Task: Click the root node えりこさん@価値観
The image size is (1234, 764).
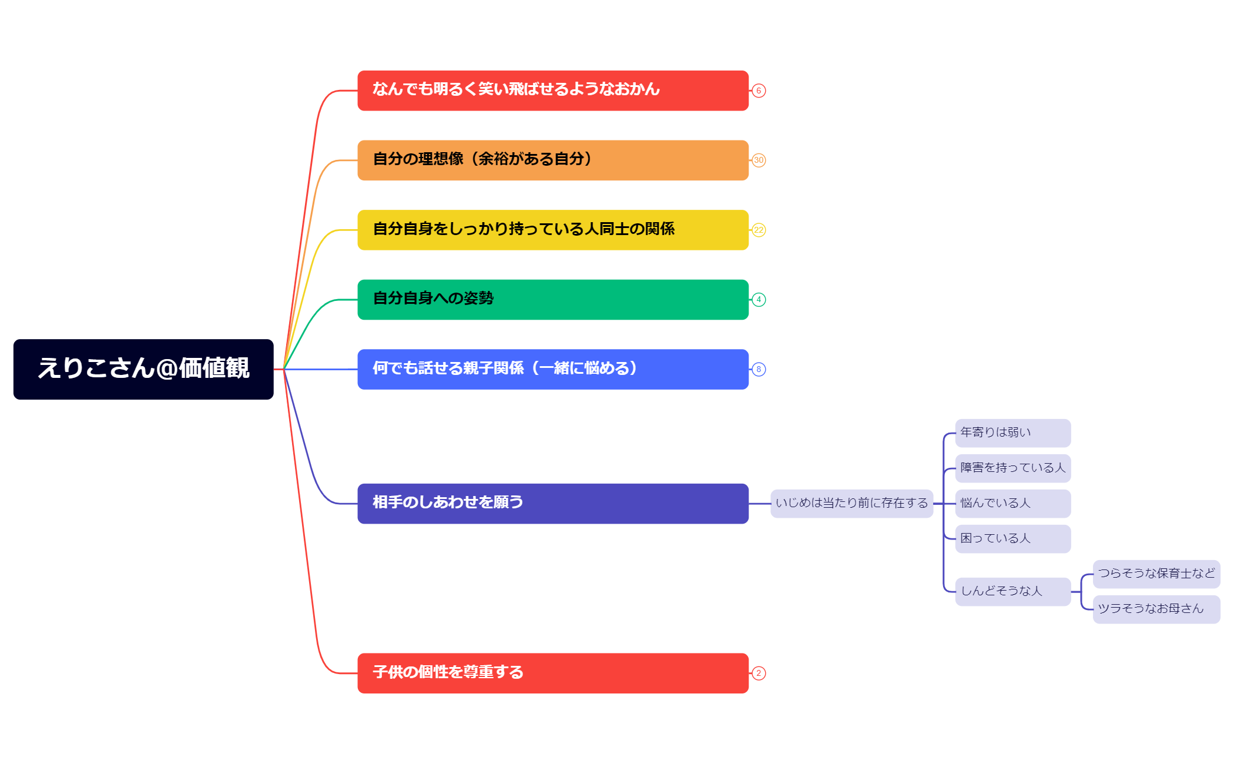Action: pos(143,369)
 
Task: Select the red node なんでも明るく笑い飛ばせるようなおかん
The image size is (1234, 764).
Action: pos(552,91)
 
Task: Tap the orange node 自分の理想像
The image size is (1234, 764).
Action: pos(552,160)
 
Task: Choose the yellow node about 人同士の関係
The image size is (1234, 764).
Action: pos(552,230)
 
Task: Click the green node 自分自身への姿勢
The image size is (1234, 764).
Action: pos(552,300)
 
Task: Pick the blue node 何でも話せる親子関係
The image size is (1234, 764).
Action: pos(552,369)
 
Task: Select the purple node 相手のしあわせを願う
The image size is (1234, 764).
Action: pos(552,504)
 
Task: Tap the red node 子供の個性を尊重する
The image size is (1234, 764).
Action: pos(552,673)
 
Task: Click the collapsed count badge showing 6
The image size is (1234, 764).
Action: pos(759,91)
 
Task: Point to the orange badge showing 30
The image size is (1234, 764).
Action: pos(759,160)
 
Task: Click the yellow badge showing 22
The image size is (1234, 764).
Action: pos(759,230)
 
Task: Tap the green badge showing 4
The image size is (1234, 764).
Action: pos(759,300)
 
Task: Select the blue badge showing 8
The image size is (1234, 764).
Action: pos(759,369)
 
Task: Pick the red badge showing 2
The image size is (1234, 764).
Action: pos(759,673)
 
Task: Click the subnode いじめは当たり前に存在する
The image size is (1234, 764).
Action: pos(851,504)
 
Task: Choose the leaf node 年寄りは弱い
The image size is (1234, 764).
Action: pos(1012,433)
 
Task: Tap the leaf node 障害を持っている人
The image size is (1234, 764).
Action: pos(1012,468)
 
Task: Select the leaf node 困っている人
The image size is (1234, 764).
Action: pos(1012,539)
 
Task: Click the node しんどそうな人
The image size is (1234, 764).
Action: pos(1012,592)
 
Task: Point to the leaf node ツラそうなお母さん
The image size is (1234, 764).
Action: pos(1156,609)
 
